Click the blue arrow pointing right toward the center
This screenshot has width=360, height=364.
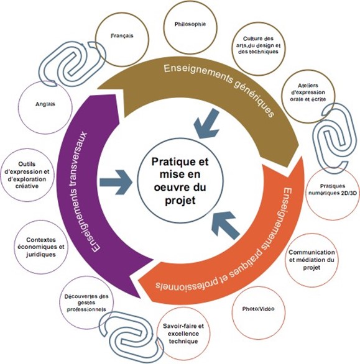116,182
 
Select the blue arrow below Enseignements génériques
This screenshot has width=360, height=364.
206,124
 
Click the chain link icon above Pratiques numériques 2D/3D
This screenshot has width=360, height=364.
335,138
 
